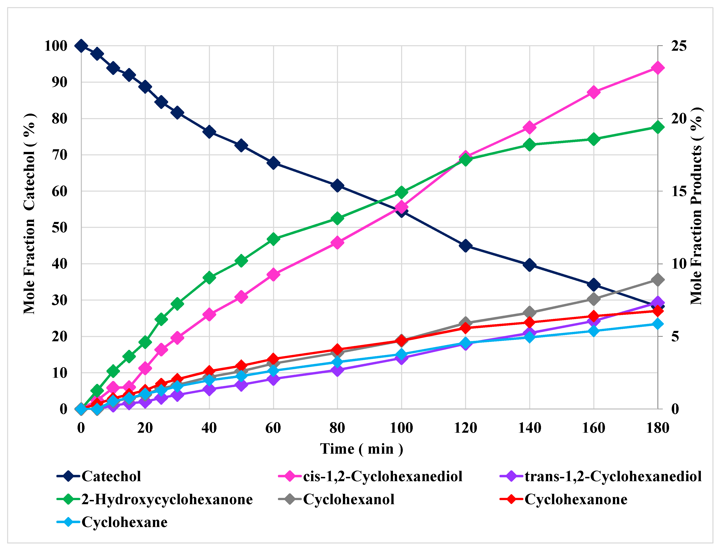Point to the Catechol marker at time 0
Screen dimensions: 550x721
(81, 46)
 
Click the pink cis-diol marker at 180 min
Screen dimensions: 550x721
(658, 68)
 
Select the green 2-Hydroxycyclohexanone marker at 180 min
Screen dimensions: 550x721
(658, 127)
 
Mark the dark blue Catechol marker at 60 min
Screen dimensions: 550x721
(273, 163)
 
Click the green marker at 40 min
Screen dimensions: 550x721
(209, 278)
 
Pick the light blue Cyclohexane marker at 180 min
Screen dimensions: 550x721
(658, 324)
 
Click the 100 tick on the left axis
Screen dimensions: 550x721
(56, 46)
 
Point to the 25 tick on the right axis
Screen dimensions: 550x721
(679, 46)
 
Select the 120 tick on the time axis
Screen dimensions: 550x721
(465, 428)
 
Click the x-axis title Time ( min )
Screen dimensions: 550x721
(361, 449)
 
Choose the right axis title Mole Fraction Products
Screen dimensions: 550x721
(696, 206)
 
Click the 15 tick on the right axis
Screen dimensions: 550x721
(679, 192)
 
